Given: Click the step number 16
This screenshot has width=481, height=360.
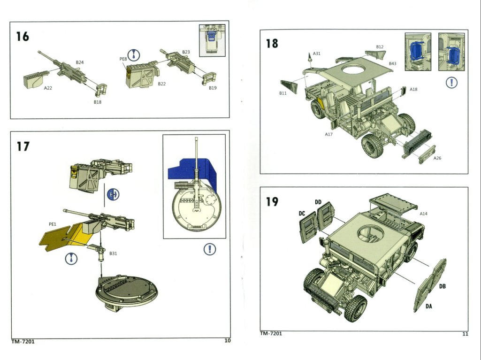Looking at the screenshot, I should click(x=23, y=36).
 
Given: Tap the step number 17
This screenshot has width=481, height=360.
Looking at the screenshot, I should click(x=23, y=146).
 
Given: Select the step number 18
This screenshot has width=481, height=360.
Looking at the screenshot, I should click(x=272, y=44).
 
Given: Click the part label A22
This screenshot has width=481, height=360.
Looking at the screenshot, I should click(x=48, y=88).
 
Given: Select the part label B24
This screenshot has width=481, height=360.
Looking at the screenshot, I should click(x=79, y=62).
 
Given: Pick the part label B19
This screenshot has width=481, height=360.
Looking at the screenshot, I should click(x=213, y=88).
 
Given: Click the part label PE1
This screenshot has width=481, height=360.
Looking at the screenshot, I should click(x=53, y=224).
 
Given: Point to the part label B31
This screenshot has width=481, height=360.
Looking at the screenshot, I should click(x=113, y=253).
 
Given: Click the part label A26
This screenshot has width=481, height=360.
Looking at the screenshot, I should click(x=437, y=158).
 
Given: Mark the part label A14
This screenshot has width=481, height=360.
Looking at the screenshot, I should click(x=423, y=214).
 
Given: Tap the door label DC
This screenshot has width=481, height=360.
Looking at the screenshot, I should click(x=302, y=214).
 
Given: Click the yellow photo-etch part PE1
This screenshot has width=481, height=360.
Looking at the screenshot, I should click(x=61, y=237).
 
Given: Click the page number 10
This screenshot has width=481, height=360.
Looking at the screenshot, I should click(x=227, y=341).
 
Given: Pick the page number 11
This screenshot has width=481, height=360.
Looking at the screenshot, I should click(x=465, y=334).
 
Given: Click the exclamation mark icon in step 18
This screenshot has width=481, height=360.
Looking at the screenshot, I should click(x=451, y=83).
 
